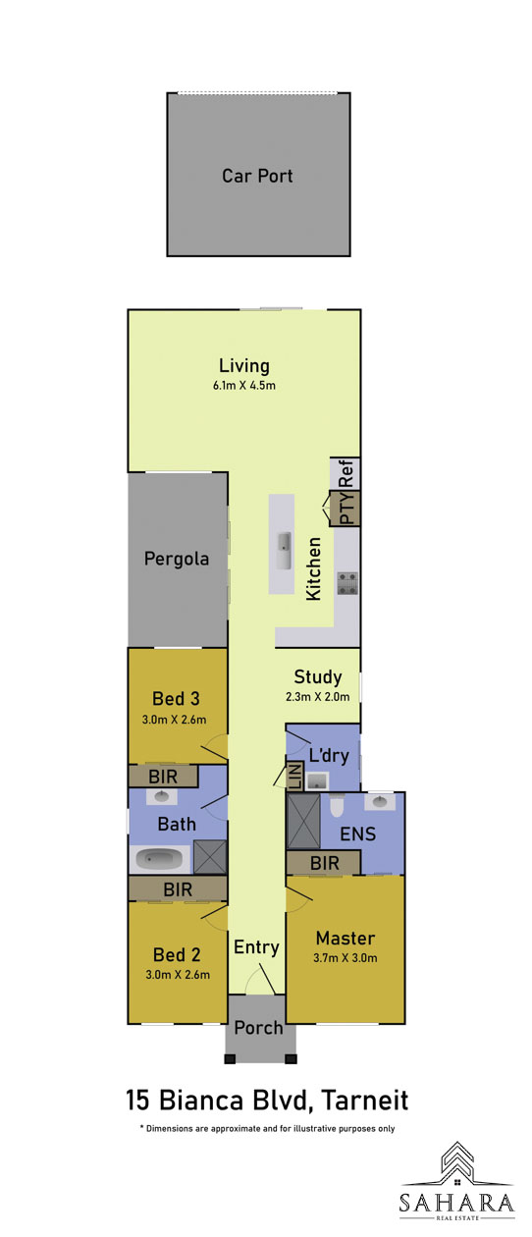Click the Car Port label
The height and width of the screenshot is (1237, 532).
[x=257, y=176]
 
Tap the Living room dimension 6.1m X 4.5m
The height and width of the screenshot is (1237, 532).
[x=244, y=386]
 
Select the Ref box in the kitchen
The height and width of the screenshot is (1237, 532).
[x=345, y=473]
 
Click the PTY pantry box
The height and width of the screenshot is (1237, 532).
[x=345, y=509]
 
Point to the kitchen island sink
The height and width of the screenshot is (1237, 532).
[x=285, y=550]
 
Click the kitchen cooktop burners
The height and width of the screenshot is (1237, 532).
[x=347, y=583]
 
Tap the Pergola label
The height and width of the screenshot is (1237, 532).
[x=177, y=559]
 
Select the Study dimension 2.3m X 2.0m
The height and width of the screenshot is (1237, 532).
[x=317, y=697]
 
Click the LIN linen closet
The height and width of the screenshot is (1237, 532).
[x=294, y=777]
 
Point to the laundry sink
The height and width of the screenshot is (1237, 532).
[x=317, y=781]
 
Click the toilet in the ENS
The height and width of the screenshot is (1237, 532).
[x=337, y=805]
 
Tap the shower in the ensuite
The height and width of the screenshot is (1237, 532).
[x=303, y=821]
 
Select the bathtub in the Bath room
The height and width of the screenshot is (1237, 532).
[x=159, y=859]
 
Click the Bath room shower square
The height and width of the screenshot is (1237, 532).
[x=210, y=857]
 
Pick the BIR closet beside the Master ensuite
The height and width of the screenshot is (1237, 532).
[x=323, y=863]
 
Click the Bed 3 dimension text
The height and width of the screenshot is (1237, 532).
[x=175, y=720]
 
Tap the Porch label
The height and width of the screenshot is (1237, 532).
[x=258, y=1028]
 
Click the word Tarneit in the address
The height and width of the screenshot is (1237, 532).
[x=364, y=1101]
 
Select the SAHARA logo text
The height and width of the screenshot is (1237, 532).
[x=457, y=1203]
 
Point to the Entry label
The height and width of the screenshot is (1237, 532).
[x=256, y=947]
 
